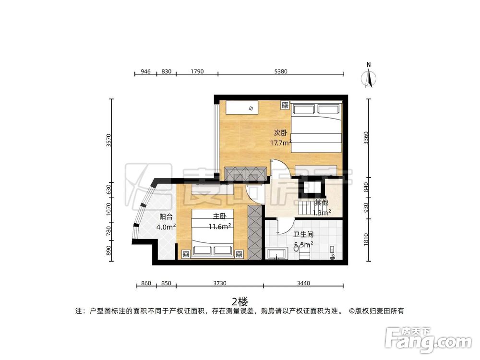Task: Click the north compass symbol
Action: [x=369, y=77]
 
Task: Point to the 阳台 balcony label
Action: [x=166, y=217]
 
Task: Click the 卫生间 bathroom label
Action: [x=303, y=235]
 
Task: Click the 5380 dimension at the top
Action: [x=281, y=72]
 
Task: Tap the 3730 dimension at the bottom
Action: [x=219, y=283]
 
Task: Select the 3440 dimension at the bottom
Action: [x=303, y=283]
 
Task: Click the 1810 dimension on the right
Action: [x=367, y=239]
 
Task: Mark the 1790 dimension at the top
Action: [x=197, y=72]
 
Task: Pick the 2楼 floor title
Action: [x=240, y=301]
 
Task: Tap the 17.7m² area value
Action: [x=281, y=143]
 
